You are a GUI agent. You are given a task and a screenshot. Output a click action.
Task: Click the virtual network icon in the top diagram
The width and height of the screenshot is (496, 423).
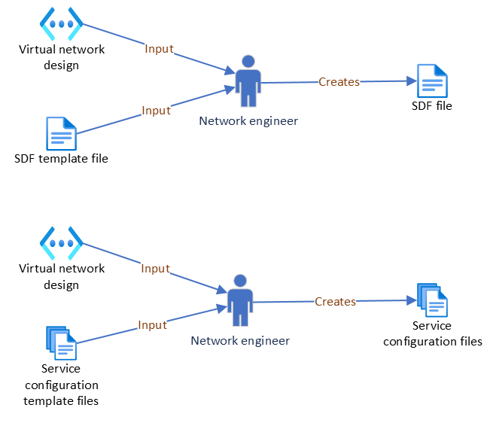coord(61,24)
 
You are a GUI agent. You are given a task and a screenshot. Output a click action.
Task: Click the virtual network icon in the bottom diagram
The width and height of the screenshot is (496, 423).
coord(61,243)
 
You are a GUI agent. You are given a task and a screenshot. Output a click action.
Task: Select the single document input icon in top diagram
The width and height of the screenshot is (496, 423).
coord(61,134)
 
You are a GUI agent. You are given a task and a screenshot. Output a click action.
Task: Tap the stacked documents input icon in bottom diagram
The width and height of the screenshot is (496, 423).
coord(61,343)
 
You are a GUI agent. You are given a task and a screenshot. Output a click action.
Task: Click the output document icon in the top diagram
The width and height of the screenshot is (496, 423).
coord(432,81)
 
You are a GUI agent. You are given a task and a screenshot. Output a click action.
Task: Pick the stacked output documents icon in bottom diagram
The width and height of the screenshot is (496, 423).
coord(432,300)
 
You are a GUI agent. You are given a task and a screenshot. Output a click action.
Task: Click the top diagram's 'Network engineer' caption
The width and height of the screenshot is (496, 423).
coord(248,121)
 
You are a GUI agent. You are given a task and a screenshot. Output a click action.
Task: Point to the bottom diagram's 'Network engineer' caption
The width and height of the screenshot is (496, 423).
coord(240,341)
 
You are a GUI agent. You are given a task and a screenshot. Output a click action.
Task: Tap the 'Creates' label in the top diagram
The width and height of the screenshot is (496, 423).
coord(339,82)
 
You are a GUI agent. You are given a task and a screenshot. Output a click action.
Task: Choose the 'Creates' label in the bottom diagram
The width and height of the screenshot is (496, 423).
coord(335,302)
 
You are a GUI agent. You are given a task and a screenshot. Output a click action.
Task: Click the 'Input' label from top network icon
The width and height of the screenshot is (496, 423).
coord(159,49)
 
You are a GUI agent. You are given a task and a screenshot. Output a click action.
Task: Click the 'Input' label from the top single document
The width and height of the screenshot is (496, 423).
coord(156,111)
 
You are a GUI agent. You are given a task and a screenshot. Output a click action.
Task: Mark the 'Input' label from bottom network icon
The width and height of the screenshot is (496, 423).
coord(155,269)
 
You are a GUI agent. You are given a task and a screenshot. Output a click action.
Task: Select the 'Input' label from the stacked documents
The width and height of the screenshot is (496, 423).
coord(152,325)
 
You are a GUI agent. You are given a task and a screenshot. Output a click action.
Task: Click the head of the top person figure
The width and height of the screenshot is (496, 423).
coord(248,61)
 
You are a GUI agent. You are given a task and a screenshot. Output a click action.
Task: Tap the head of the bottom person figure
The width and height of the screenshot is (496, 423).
coord(240,281)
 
